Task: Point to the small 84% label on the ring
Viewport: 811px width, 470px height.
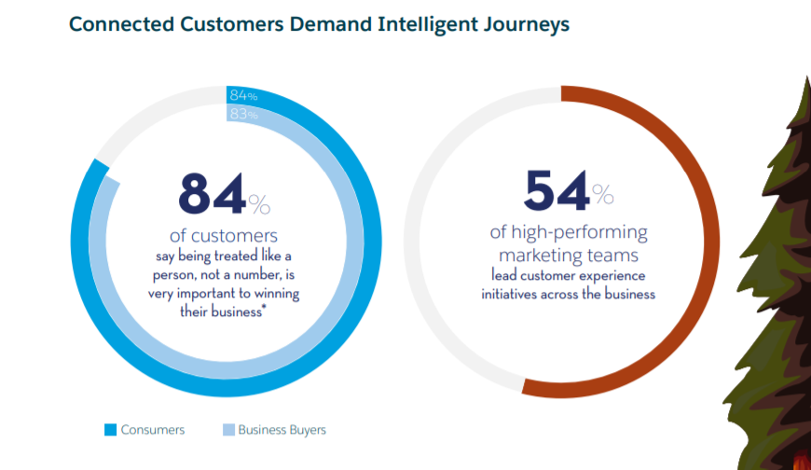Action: tap(243, 95)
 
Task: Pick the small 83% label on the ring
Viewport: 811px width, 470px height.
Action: tap(243, 114)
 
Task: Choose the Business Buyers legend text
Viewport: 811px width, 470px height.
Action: tap(282, 430)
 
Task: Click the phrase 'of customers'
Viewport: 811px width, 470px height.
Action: tap(224, 235)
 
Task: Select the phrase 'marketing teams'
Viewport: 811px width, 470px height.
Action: tap(569, 255)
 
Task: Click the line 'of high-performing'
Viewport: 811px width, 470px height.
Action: tap(569, 232)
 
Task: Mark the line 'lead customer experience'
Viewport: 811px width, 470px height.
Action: tap(569, 276)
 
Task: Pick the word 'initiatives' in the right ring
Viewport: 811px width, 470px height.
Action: tap(513, 294)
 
